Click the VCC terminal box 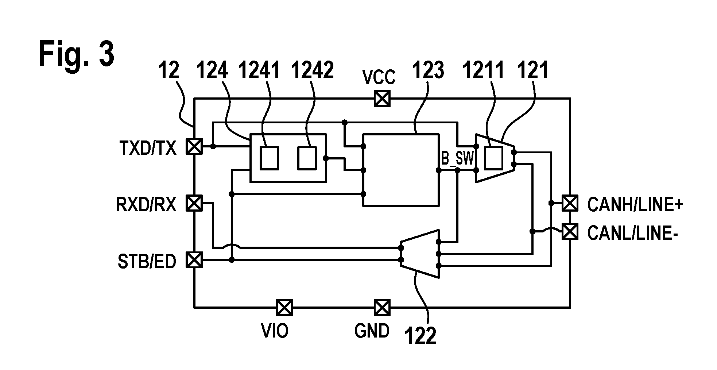(382, 98)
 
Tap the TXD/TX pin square (194, 146)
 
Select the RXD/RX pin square (194, 203)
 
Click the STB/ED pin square (194, 260)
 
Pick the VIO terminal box (284, 307)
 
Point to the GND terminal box (382, 307)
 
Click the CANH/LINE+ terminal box (570, 203)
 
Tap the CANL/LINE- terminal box (570, 231)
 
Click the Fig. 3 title (76, 54)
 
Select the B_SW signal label (458, 158)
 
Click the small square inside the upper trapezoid (494, 158)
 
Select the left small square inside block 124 (269, 158)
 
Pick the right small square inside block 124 (307, 158)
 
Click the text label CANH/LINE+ (635, 205)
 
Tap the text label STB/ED (147, 262)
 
